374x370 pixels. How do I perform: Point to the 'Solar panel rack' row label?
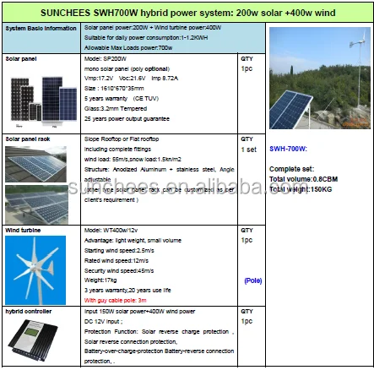[27, 137]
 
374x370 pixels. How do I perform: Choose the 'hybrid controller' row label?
[25, 312]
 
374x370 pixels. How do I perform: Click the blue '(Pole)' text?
[252, 280]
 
